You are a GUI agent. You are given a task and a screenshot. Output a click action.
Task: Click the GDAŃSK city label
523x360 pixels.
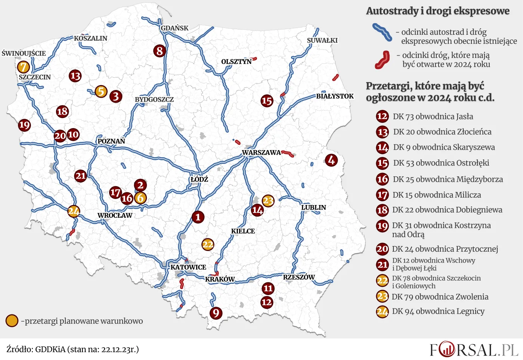point(174,28)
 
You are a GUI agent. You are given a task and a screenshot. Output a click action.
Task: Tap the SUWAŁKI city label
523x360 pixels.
point(322,40)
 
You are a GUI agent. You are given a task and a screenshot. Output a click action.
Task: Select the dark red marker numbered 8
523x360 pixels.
point(160,50)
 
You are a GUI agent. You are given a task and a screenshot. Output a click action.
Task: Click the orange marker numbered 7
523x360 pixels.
point(23,67)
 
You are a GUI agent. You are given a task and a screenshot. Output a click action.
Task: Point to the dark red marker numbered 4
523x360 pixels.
point(331,160)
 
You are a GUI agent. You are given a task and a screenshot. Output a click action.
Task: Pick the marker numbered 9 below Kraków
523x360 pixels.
point(216,313)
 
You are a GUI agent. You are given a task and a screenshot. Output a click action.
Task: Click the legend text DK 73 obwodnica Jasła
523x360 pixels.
point(433,117)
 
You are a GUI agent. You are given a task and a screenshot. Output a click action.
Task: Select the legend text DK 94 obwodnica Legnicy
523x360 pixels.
point(438,311)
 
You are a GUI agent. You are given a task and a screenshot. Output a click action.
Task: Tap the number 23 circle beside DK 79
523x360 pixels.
point(382,297)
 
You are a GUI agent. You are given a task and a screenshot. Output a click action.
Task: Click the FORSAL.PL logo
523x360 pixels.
point(474,350)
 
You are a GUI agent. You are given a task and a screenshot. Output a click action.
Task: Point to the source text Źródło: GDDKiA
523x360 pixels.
point(72,350)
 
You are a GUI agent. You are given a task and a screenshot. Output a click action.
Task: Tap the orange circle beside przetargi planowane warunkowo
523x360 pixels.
point(12,320)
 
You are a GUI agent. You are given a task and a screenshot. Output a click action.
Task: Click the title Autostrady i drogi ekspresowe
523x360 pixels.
point(437,11)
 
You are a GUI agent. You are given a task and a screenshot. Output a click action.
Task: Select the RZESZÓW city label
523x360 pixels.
point(298,277)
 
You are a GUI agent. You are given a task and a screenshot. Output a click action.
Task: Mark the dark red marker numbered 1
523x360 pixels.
point(198,217)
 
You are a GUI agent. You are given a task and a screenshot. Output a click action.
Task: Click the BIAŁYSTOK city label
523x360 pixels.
point(335,96)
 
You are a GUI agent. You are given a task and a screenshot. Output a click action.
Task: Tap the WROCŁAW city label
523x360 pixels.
point(115,215)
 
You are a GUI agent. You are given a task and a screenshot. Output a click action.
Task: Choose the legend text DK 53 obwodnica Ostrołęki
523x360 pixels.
point(441,163)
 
